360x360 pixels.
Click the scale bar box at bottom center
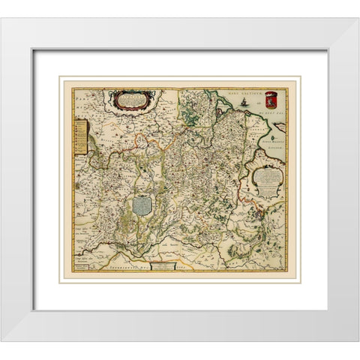pos(158,265)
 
